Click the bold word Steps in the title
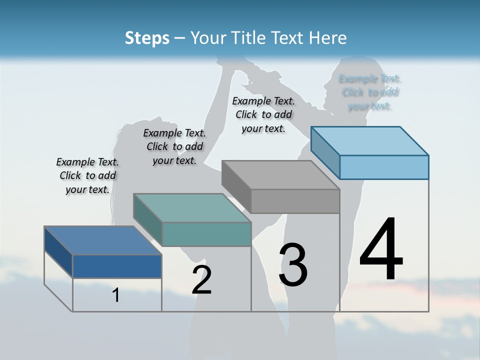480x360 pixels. tap(147, 38)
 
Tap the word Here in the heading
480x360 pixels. tap(328, 38)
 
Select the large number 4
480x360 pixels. tap(381, 250)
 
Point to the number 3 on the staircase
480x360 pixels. tap(293, 265)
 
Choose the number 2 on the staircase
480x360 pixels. tap(201, 280)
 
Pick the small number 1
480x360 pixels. tap(115, 295)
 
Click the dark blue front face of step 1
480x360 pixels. tap(117, 266)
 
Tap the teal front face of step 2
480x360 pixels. tap(206, 234)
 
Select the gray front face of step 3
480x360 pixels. tap(295, 201)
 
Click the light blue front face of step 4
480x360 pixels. tap(384, 167)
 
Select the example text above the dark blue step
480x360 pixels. tap(87, 175)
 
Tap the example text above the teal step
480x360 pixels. tap(174, 146)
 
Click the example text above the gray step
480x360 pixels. tap(263, 114)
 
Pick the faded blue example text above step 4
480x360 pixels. tap(370, 92)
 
